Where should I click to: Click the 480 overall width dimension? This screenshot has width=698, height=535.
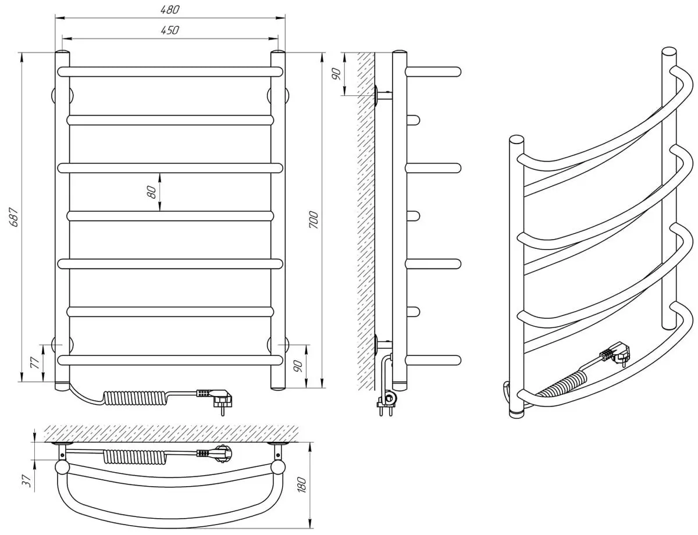(170, 9)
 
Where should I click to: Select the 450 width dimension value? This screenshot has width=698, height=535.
(170, 30)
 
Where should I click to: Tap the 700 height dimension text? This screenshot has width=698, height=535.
(314, 220)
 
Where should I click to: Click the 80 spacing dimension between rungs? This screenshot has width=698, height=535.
(152, 191)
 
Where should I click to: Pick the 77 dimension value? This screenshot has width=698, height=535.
(34, 363)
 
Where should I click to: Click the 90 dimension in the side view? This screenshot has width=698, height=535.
(336, 74)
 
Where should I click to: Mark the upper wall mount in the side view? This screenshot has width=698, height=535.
(381, 94)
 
